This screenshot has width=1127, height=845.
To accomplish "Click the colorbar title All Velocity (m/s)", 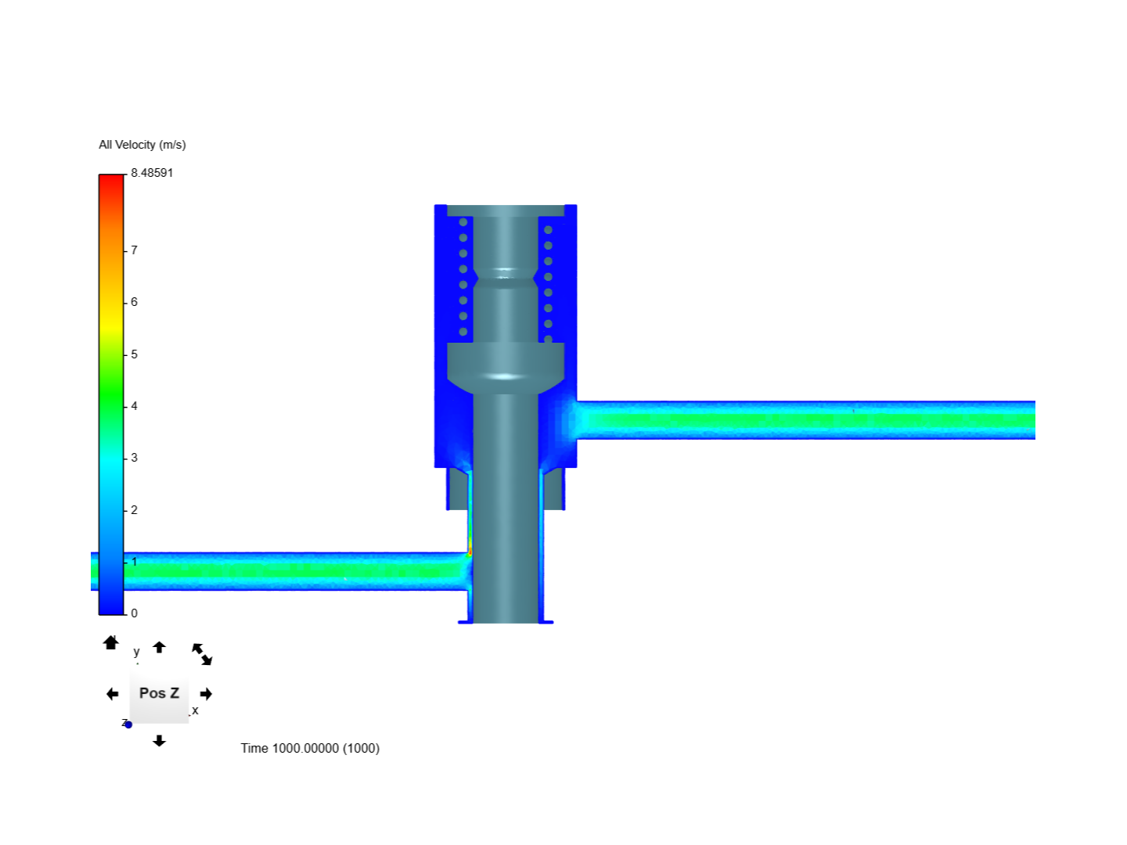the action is click(x=142, y=146).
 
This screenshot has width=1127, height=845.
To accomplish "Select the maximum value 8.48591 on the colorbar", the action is click(x=152, y=173).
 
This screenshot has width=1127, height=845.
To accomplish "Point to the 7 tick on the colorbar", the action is click(x=134, y=250).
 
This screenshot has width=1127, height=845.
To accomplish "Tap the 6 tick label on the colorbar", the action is click(x=134, y=302).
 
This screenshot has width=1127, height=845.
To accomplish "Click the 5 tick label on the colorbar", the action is click(x=134, y=354).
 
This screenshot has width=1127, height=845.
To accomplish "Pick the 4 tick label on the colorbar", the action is click(x=134, y=406).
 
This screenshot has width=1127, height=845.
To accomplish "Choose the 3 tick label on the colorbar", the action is click(x=134, y=458).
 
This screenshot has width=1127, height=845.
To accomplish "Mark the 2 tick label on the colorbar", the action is click(x=134, y=510).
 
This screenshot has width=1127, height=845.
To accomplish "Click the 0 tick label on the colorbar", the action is click(x=134, y=613).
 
